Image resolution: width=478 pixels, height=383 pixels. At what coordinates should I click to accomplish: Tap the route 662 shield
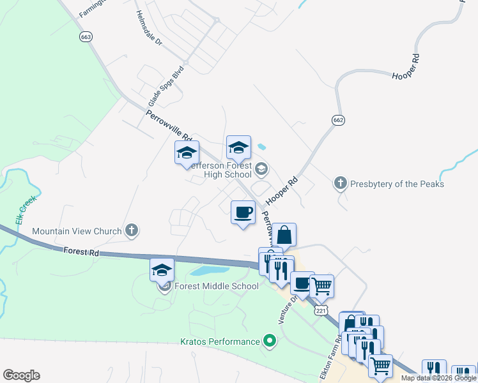click(x=339, y=120)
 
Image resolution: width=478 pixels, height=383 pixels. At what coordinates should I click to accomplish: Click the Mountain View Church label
click(x=77, y=230)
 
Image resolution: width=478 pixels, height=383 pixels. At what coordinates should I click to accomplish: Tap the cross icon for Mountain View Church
click(x=132, y=230)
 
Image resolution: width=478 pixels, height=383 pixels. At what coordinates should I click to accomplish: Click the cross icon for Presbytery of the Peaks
click(x=341, y=184)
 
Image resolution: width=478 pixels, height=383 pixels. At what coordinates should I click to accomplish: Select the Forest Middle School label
click(x=216, y=286)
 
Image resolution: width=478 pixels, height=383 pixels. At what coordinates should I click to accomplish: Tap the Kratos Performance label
click(x=217, y=342)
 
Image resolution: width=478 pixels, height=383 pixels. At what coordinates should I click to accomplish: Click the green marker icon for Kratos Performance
click(x=270, y=341)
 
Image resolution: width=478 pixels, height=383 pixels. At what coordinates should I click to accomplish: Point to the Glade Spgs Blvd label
click(x=166, y=86)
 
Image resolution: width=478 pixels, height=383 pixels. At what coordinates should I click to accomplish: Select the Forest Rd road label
click(x=82, y=252)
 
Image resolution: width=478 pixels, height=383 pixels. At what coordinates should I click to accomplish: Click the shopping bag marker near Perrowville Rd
click(x=285, y=236)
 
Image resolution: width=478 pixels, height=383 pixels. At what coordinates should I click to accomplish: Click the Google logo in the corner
click(x=21, y=375)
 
